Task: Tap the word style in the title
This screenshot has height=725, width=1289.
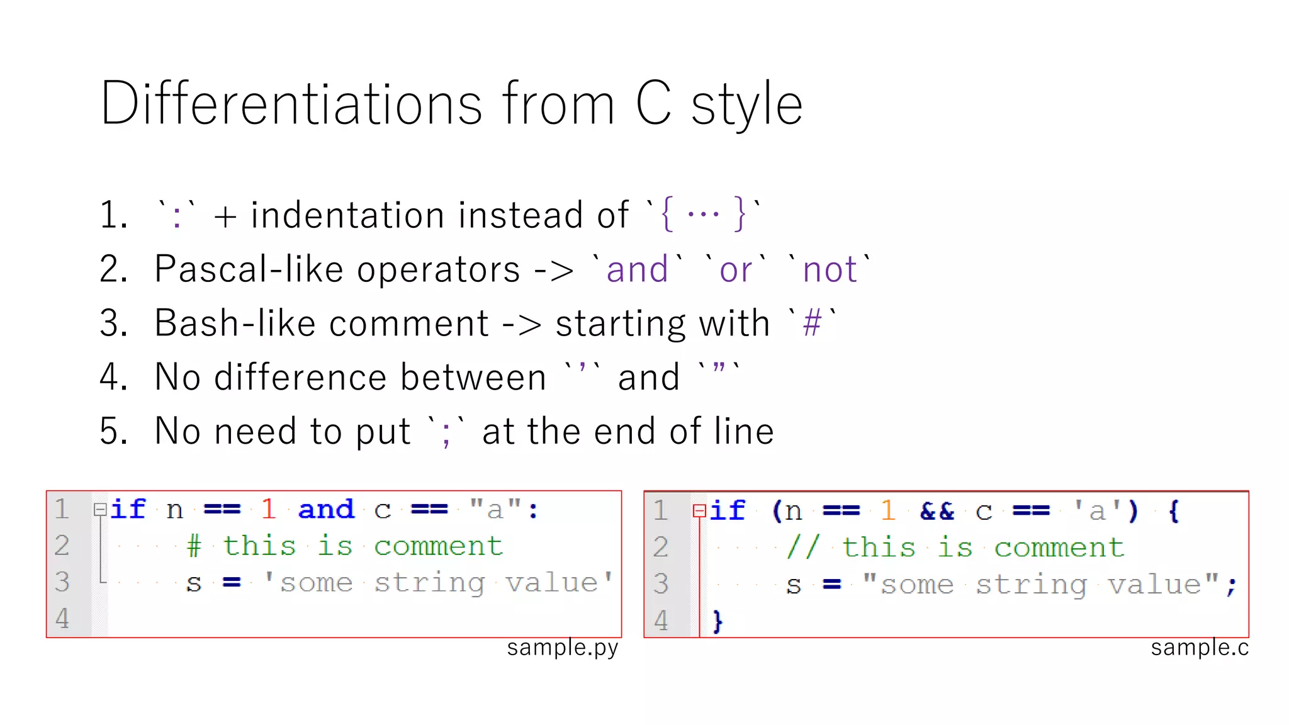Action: point(746,106)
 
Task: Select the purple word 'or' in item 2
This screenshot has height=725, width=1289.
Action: point(735,270)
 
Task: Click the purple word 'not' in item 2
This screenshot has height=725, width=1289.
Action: point(830,270)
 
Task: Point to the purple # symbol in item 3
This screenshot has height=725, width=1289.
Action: point(813,324)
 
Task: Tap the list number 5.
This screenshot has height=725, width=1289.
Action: point(113,432)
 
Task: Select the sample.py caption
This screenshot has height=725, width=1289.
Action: point(563,648)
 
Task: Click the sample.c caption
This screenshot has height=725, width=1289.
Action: point(1200,648)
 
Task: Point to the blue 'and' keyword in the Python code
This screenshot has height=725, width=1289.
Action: point(326,509)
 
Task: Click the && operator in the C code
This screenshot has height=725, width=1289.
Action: point(937,510)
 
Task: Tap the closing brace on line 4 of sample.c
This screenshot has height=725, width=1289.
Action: point(718,621)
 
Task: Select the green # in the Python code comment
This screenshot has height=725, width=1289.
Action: point(194,546)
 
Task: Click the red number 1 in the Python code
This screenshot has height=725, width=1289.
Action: point(269,509)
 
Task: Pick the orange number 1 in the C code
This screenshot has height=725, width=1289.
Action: point(888,510)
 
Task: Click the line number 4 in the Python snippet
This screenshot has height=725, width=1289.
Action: point(62,619)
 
